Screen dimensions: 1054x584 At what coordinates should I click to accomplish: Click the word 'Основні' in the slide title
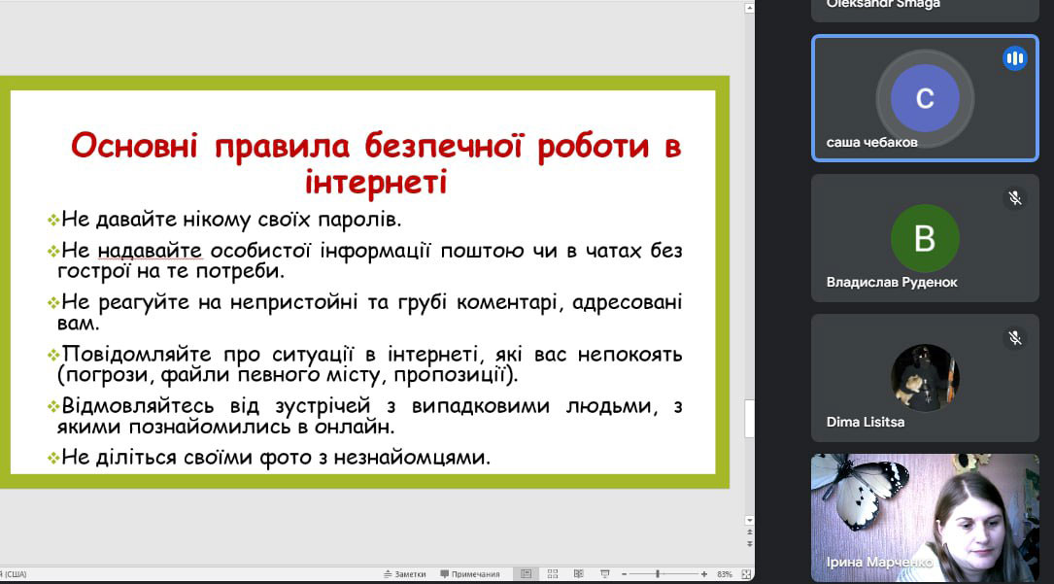[134, 146]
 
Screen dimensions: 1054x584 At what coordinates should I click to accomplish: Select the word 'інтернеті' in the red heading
[376, 182]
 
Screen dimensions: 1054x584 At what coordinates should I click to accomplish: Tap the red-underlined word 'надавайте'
[150, 251]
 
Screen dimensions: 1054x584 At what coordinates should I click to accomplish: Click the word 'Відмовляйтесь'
[138, 406]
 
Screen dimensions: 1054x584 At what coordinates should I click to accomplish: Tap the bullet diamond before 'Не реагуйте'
[53, 303]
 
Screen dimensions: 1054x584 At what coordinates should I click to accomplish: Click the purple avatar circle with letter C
[925, 98]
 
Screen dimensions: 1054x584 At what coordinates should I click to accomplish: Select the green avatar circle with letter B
[925, 238]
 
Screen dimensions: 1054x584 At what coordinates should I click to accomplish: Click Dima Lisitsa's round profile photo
[925, 378]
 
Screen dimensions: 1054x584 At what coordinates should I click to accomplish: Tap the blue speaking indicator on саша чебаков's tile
[1015, 58]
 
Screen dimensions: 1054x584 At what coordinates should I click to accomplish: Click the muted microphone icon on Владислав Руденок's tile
[1015, 198]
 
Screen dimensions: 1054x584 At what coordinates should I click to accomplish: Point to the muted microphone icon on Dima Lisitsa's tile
[1015, 338]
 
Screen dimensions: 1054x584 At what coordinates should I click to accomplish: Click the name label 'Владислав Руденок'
[892, 282]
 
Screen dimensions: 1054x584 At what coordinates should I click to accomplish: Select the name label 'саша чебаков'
[871, 143]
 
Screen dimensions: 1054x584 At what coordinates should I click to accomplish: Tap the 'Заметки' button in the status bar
[405, 574]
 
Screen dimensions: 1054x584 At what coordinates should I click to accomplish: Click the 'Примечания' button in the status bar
[470, 574]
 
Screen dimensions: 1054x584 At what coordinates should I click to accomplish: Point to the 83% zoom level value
[724, 574]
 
